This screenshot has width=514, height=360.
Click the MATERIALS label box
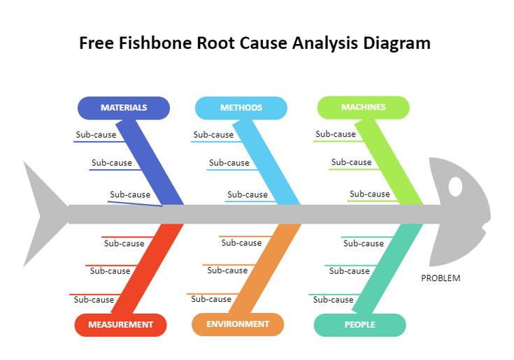(123, 108)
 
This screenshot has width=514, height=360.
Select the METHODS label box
(241, 108)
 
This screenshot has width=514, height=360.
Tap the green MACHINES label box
(363, 107)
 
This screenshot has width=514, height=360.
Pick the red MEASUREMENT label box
(120, 324)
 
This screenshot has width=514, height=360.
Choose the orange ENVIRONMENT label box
(238, 324)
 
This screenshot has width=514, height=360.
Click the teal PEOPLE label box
(359, 324)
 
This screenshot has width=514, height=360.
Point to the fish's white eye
(455, 187)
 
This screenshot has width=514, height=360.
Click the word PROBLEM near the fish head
(441, 278)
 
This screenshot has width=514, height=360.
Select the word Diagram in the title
(396, 43)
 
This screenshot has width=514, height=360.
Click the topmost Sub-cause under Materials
(96, 135)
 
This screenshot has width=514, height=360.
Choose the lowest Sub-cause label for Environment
(211, 299)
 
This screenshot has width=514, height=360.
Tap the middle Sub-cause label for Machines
(351, 162)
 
